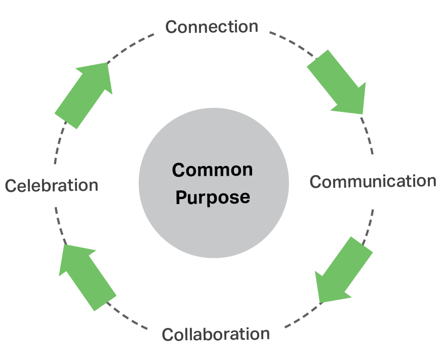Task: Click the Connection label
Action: [x=212, y=26]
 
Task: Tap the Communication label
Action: [x=373, y=181]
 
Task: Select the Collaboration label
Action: [x=216, y=334]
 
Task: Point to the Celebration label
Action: [x=52, y=185]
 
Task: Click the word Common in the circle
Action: [x=212, y=170]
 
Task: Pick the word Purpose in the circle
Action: [x=213, y=196]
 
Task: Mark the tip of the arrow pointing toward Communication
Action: [x=362, y=113]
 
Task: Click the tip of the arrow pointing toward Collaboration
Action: [x=319, y=302]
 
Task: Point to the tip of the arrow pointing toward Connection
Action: [x=108, y=63]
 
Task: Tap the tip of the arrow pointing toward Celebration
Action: [x=64, y=245]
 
